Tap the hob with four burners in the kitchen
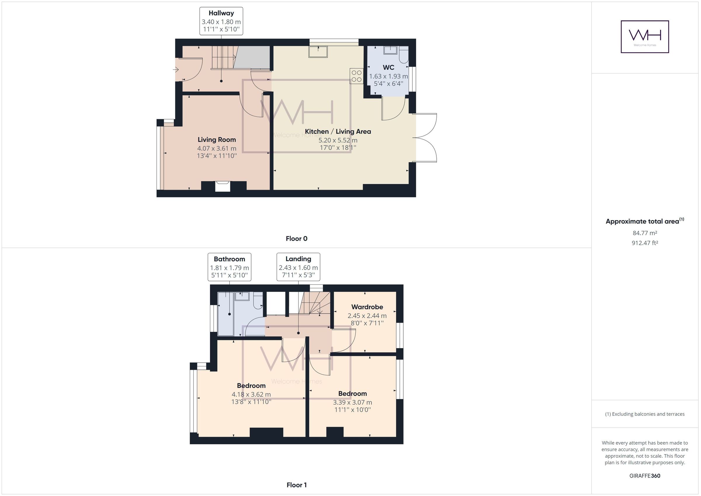(356, 76)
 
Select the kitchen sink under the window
(318, 52)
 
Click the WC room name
(388, 67)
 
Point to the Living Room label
(217, 140)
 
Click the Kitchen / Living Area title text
(338, 132)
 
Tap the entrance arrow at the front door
(176, 70)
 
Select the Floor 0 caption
(296, 239)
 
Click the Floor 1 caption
(296, 485)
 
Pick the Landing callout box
(298, 267)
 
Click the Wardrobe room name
(367, 307)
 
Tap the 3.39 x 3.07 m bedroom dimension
(352, 402)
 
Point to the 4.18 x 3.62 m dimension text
(251, 394)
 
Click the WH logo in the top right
(645, 37)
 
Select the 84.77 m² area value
(645, 233)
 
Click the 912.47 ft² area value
(645, 243)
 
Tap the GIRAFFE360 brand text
(645, 476)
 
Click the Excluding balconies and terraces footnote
(645, 414)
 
